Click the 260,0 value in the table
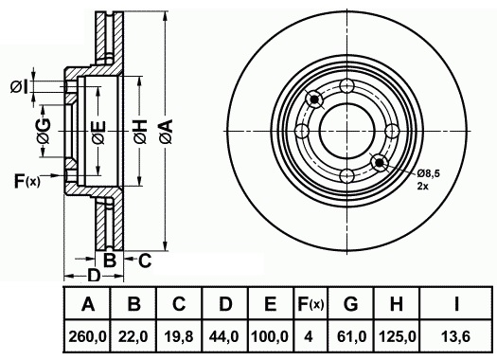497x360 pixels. coord(87,336)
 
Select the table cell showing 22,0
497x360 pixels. coord(133,336)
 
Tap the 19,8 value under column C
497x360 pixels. coord(179,336)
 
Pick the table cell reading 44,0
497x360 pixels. coord(224,336)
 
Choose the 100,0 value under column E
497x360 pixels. coord(270,336)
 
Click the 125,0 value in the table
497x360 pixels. coord(397,336)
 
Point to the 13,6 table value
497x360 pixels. coord(456,336)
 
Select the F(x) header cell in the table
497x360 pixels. coord(311,304)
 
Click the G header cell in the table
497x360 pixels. coord(350,304)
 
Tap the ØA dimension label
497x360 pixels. coord(166,132)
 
